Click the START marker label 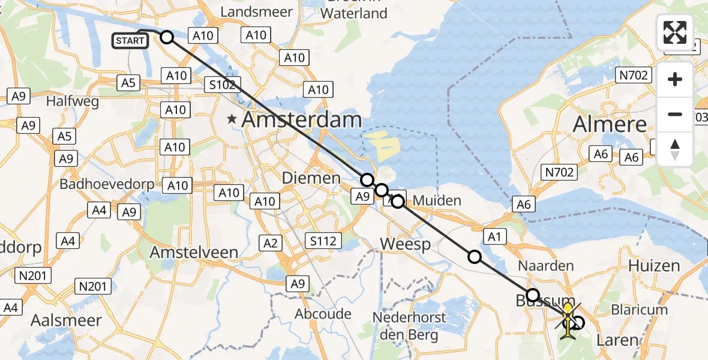130,41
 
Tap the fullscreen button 675,32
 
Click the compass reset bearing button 675,149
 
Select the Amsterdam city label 301,120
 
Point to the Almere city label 610,124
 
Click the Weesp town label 406,244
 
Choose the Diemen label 319,178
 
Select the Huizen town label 653,265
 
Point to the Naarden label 545,265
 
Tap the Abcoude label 323,313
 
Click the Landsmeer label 256,12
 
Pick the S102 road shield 221,85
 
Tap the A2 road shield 271,242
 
